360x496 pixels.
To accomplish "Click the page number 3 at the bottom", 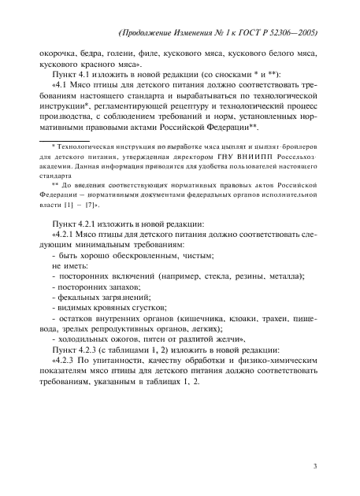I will click(315, 467).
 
